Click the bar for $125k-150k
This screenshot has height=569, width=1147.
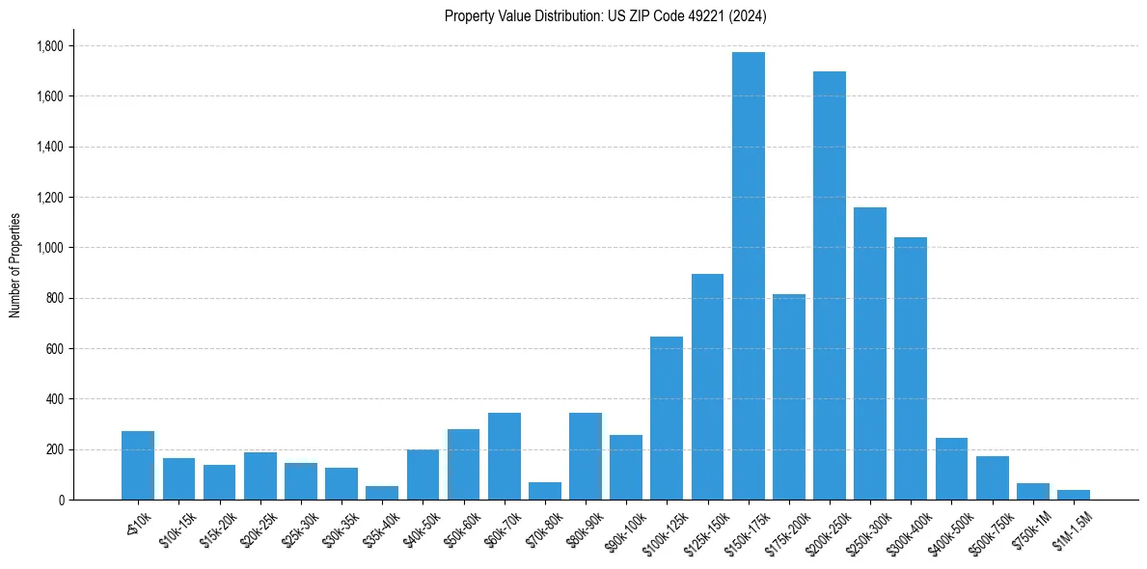707,387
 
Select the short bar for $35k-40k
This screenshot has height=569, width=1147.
382,493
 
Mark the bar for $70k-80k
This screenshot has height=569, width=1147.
545,491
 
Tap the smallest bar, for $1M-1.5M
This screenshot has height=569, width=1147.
1073,495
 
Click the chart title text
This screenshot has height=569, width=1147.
606,15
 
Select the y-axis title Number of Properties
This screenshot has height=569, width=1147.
15,265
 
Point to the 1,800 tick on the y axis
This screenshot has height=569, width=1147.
49,46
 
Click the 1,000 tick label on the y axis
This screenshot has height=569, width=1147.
49,248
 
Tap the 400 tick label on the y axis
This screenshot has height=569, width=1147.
54,399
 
